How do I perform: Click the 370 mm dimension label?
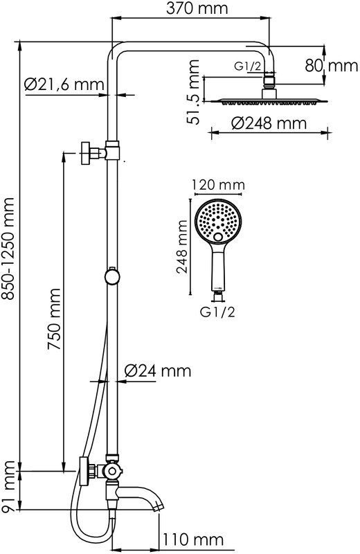point(197,8)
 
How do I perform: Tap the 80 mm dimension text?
point(332,66)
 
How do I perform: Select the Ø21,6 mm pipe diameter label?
point(64,84)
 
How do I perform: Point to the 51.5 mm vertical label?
point(193,92)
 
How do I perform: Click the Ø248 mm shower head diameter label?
point(269,123)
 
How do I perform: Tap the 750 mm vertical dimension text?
point(55,319)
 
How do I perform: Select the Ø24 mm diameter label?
point(158,370)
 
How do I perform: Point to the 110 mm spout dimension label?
point(193,539)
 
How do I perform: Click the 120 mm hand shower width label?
point(218,184)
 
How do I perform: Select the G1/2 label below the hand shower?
point(217,312)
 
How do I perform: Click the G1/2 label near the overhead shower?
point(249,66)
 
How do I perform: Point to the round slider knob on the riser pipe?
point(112,276)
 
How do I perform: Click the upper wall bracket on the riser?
point(100,152)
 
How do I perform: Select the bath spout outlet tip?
point(159,507)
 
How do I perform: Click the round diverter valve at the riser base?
point(112,470)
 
